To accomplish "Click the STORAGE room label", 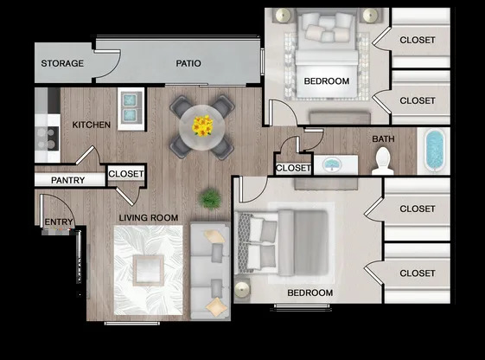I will [62, 63].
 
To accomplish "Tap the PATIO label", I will [188, 63].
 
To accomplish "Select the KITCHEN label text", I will [91, 125].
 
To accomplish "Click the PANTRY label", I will [67, 180].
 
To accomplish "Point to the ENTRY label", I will [58, 222].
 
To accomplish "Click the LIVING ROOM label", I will [148, 217].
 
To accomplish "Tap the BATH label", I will [383, 138].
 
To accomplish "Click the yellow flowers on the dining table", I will [202, 126].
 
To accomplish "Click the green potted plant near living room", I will [208, 199].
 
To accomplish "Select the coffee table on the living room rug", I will [149, 271].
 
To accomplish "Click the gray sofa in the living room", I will [207, 270].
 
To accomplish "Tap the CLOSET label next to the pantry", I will [126, 175].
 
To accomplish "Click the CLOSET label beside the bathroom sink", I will [292, 167].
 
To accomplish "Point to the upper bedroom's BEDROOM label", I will [326, 81].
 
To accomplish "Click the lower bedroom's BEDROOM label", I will [310, 292].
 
